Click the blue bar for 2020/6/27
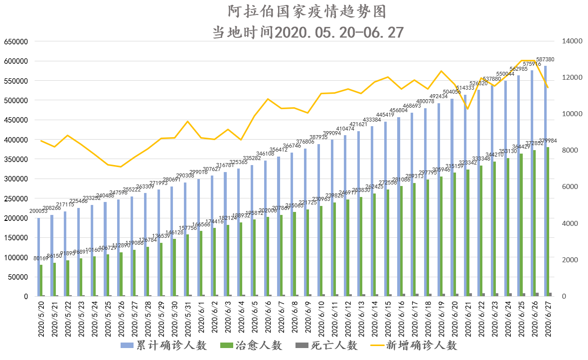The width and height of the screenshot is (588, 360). (545, 180)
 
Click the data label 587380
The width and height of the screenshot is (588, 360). (545, 60)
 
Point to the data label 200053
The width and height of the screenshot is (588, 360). (38, 211)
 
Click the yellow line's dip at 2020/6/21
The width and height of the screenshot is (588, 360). (467, 109)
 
